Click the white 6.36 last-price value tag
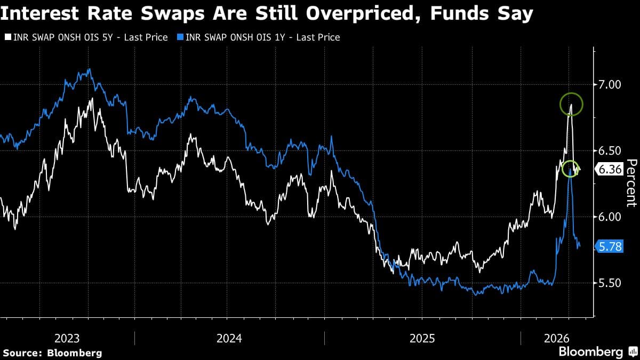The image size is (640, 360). point(609,170)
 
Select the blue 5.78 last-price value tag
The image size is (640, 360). point(609,246)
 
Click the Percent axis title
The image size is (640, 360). point(631,182)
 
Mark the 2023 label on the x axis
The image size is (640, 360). point(67,338)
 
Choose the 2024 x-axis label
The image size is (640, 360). point(229,338)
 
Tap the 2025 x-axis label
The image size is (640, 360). point(422,338)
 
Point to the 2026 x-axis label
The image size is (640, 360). point(557,338)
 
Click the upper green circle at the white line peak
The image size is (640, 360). point(571,105)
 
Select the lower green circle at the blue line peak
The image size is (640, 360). point(570,170)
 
